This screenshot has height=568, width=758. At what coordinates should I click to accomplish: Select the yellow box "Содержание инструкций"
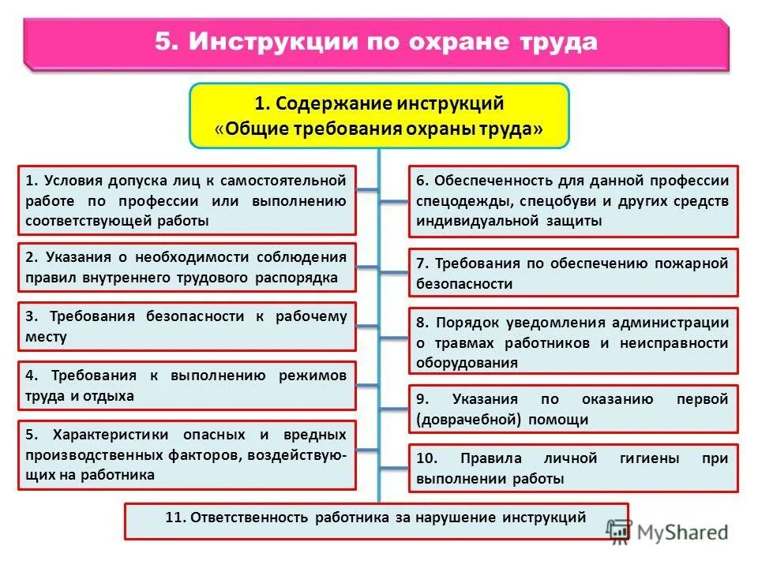[x=379, y=116]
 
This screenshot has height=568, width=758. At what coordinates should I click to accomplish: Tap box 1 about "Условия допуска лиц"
[x=186, y=200]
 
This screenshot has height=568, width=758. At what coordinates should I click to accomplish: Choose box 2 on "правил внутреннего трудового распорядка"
[x=186, y=267]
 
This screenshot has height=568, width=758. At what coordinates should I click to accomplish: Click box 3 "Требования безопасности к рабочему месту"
[x=186, y=327]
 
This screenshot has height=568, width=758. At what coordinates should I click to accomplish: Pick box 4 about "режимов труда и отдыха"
[x=186, y=386]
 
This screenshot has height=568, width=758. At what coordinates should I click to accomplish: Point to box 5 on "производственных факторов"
[x=186, y=455]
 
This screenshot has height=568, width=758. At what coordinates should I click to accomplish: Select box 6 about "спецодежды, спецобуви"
[x=573, y=201]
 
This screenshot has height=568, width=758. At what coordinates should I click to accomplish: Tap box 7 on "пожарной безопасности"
[x=573, y=273]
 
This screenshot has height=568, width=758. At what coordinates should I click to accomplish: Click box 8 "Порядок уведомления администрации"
[x=573, y=342]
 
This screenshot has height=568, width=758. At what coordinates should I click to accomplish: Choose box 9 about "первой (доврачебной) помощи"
[x=573, y=409]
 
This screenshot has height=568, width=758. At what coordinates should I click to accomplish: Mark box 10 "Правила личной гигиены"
[x=573, y=468]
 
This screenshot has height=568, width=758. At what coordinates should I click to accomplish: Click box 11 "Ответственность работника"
[x=377, y=521]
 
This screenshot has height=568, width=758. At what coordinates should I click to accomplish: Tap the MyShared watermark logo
[x=668, y=532]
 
